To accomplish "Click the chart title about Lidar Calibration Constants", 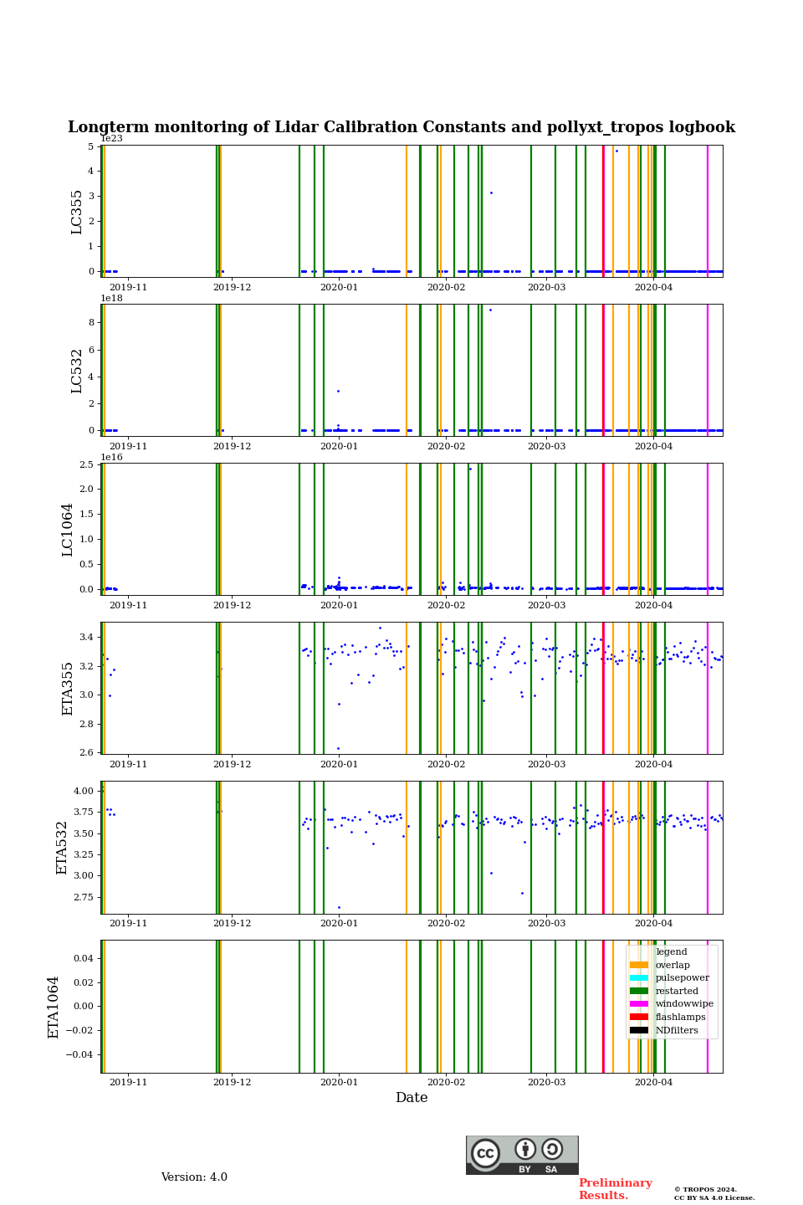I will click(401, 127).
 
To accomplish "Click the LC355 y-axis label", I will click(77, 212).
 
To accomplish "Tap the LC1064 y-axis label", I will click(68, 529).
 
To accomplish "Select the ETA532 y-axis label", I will click(62, 848).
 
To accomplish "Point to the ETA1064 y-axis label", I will click(54, 1007).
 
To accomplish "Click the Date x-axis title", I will click(412, 1098).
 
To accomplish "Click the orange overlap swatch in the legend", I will click(639, 965).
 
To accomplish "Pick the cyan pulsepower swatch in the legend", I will click(639, 978).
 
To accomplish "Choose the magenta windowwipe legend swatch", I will click(639, 1004).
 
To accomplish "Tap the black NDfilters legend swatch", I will click(639, 1030).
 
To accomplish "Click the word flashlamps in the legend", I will click(680, 1018).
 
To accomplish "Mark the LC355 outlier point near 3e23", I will click(491, 192).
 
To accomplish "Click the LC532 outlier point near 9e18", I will click(490, 310).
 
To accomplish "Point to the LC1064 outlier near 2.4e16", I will click(470, 469).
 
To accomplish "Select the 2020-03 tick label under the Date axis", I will click(546, 1082).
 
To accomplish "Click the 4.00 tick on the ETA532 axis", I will click(83, 791).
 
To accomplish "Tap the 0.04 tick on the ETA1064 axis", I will click(83, 958).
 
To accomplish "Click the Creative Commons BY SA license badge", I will click(522, 1155).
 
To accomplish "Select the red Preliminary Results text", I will click(615, 1189).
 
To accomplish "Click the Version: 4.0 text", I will click(194, 1177).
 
